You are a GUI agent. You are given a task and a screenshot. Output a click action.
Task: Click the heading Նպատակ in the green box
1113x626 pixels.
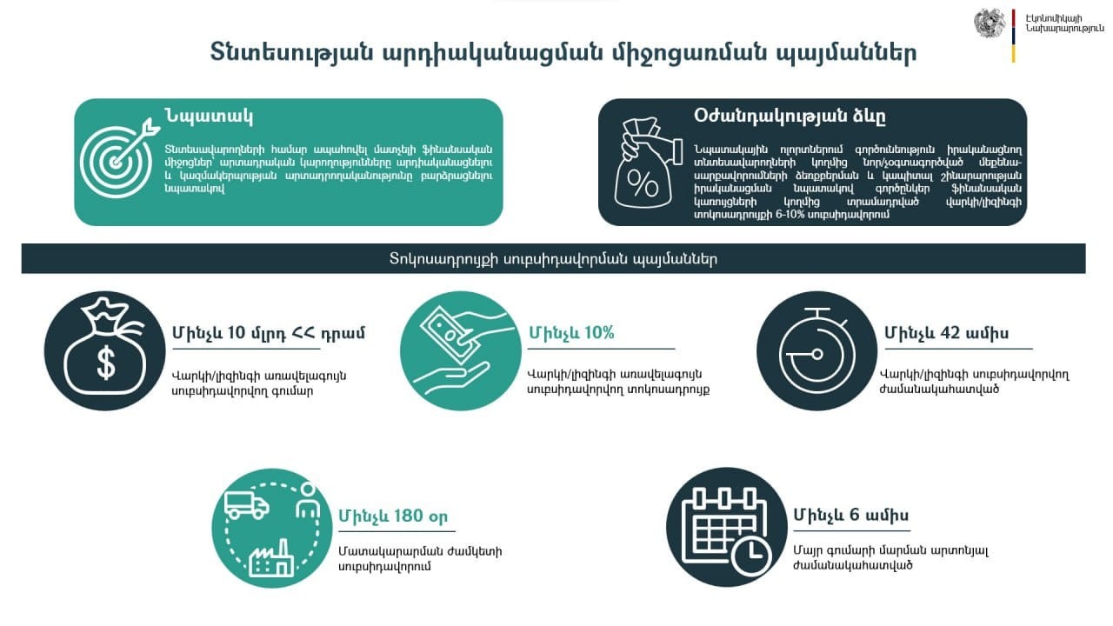(209, 117)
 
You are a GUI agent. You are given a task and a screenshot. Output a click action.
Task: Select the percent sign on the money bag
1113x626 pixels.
(643, 184)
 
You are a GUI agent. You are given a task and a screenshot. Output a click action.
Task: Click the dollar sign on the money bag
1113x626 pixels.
(106, 363)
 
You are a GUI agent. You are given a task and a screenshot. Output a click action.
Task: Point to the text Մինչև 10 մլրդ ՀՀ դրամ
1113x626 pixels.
(269, 333)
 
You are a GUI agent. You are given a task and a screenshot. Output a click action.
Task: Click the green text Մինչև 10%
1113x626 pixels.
(571, 332)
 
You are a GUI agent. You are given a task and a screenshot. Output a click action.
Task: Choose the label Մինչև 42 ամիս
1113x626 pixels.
(947, 333)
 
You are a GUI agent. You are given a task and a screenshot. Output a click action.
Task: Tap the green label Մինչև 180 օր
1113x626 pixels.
(393, 516)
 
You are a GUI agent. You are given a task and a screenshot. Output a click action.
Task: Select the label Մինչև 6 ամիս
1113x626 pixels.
(851, 515)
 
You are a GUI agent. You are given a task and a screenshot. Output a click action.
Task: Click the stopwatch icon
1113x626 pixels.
(817, 350)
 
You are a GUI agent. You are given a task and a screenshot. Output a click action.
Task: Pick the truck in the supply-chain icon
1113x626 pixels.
(247, 505)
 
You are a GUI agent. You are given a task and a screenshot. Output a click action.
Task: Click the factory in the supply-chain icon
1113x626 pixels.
(270, 558)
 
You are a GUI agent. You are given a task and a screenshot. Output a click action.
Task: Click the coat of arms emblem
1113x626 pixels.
(990, 23)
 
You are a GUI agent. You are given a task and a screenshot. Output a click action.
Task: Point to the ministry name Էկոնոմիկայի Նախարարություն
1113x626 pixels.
(1063, 23)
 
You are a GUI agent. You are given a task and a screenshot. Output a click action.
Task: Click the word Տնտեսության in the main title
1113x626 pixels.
(291, 52)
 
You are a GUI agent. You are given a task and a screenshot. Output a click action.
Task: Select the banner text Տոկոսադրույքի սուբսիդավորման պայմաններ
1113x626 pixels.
(553, 259)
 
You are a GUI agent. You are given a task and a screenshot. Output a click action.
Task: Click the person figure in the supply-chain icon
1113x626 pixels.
(308, 501)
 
